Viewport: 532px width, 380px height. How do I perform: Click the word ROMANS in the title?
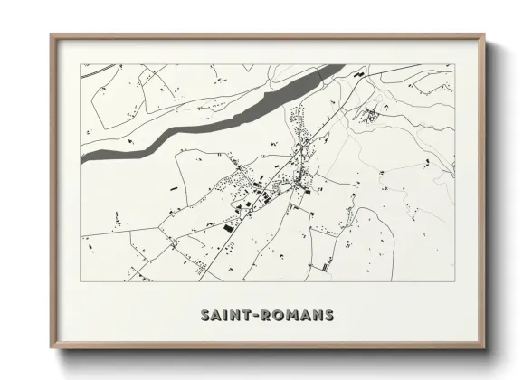click(299, 316)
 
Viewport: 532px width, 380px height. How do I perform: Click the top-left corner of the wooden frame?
click(52, 35)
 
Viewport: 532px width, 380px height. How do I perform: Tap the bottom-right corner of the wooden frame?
click(485, 349)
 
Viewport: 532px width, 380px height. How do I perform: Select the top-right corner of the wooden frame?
click(485, 35)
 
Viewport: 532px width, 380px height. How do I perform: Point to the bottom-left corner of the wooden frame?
click(52, 349)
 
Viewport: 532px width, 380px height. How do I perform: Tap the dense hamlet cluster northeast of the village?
click(369, 114)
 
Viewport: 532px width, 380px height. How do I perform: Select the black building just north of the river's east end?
click(359, 71)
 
